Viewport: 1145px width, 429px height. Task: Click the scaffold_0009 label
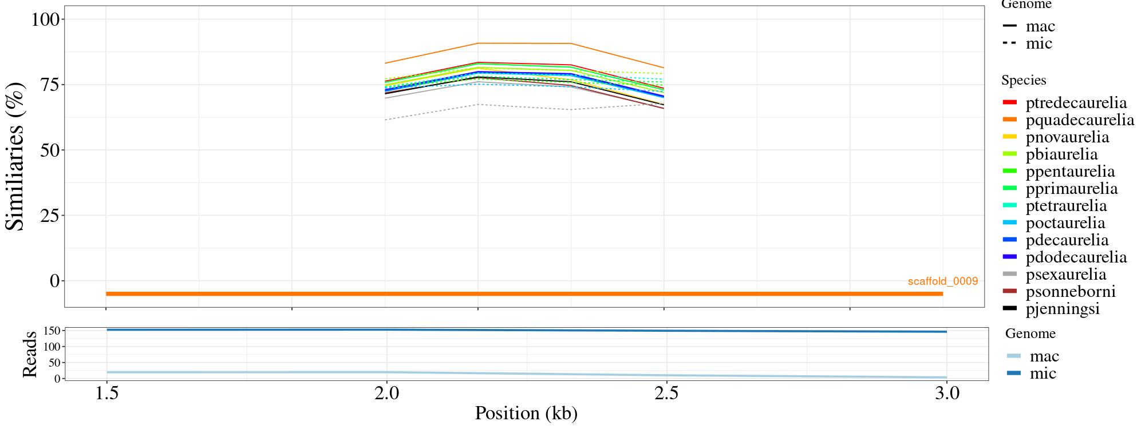coord(942,281)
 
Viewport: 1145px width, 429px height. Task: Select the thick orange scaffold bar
coord(524,293)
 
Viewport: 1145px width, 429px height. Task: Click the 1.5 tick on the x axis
coord(106,394)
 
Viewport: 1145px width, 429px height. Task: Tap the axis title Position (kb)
coord(526,413)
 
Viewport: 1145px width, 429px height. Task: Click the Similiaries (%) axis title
coord(16,156)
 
